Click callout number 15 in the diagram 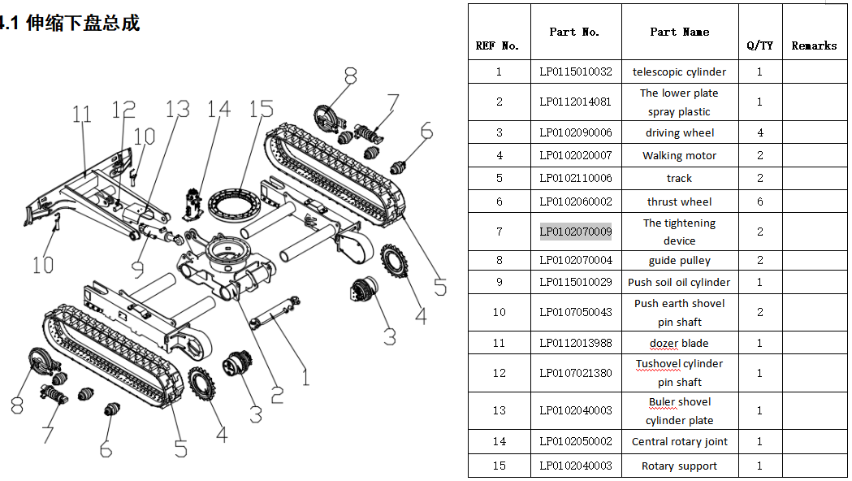tap(261, 109)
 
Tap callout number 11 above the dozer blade tap(82, 115)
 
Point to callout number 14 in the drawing tap(218, 110)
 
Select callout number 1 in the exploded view tap(305, 376)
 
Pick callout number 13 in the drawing tap(177, 110)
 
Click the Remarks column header tap(814, 45)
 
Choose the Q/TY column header tap(759, 45)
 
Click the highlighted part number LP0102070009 tap(575, 232)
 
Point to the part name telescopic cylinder tap(679, 71)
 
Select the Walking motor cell tap(679, 155)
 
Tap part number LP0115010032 tap(575, 71)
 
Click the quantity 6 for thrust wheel tap(759, 201)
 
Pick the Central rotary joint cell tap(679, 441)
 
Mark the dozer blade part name tap(679, 343)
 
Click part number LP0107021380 tap(575, 373)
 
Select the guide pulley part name tap(679, 260)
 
